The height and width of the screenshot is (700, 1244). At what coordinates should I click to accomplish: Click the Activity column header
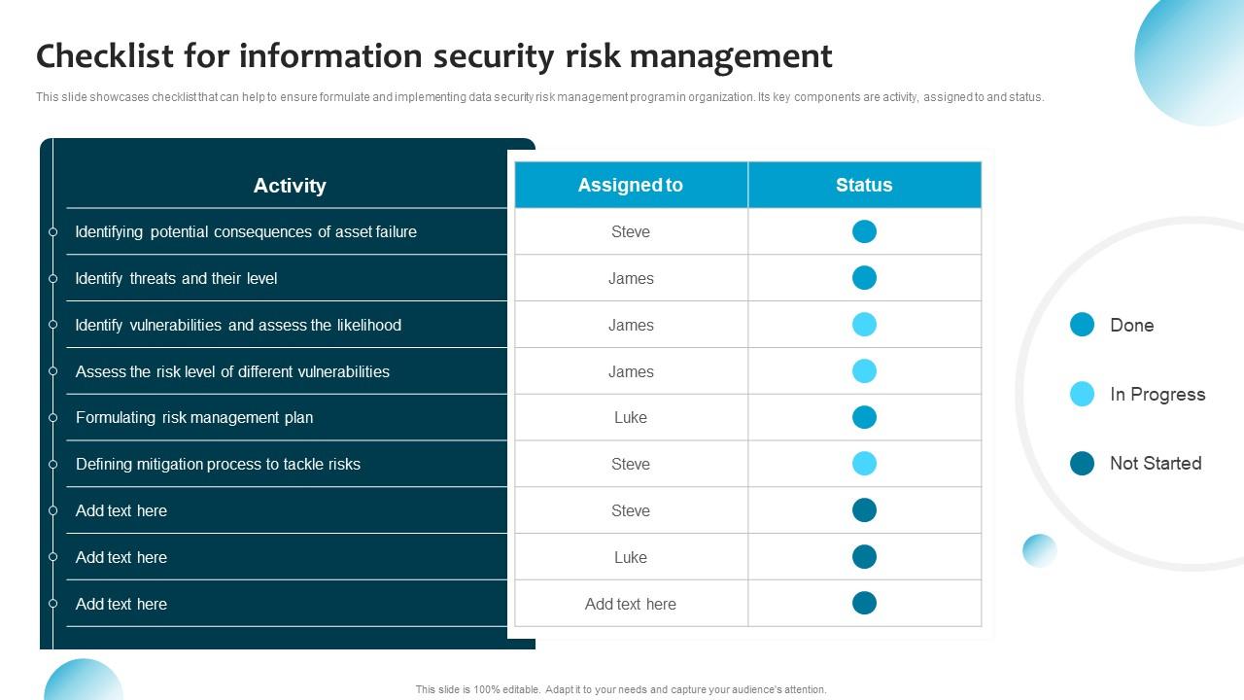tap(290, 186)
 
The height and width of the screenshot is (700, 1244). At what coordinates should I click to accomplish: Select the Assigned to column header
tap(631, 185)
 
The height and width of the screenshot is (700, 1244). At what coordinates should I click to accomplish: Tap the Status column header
tap(864, 185)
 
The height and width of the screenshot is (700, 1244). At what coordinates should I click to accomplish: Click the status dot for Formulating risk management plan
tap(864, 417)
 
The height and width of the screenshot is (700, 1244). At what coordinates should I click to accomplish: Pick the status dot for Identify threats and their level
tap(864, 278)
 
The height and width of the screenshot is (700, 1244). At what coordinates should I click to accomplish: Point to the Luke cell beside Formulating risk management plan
tap(631, 417)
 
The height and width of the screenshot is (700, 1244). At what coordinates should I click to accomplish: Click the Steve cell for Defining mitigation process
tap(631, 464)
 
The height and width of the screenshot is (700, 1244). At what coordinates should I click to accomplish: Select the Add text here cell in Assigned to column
tap(631, 604)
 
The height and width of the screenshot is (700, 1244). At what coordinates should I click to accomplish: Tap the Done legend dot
tap(1082, 325)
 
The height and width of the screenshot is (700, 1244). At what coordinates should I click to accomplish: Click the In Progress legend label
tap(1158, 394)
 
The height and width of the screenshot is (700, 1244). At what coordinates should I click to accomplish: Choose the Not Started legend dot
tap(1082, 463)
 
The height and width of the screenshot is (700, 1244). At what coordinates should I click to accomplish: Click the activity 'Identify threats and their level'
tap(176, 278)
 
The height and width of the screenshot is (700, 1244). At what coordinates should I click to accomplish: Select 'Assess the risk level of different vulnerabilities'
tap(232, 371)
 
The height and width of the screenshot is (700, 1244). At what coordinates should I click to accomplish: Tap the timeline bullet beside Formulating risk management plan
tap(53, 417)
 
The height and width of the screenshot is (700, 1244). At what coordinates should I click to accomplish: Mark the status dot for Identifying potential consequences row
tap(864, 231)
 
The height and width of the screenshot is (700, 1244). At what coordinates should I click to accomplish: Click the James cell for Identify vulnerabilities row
tap(631, 325)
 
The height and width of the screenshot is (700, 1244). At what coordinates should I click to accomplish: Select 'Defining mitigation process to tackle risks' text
tap(218, 464)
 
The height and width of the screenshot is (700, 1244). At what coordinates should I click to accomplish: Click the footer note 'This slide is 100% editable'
tap(621, 689)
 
